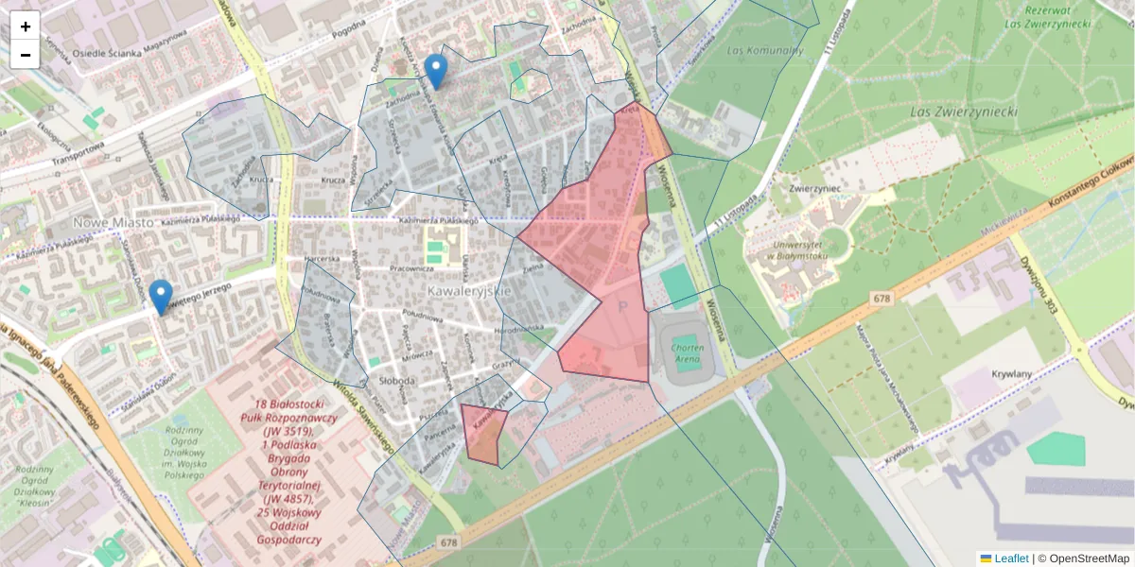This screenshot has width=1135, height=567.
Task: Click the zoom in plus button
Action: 26,26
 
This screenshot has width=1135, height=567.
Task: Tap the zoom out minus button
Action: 26,55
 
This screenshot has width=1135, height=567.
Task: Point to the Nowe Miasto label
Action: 113,222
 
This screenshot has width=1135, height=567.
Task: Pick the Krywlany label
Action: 1009,372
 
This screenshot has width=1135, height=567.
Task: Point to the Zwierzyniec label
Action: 805,187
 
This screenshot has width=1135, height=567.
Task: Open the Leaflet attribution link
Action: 1011,558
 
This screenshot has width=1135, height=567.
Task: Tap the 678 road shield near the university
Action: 882,299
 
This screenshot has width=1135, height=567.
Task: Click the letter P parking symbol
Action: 622,306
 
